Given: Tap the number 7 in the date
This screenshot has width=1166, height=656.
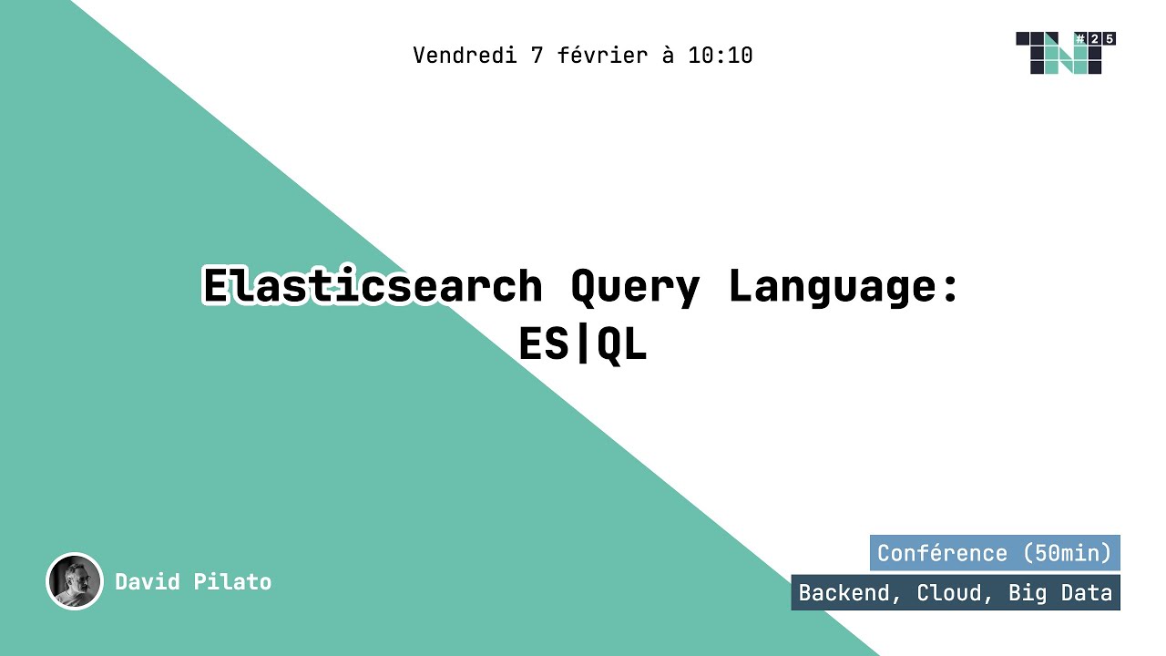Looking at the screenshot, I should coord(537,56).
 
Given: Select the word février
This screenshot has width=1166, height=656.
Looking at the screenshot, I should coord(602,56).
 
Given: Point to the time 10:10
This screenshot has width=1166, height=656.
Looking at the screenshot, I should coord(721,56).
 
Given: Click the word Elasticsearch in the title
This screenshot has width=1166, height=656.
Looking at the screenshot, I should coord(372,287).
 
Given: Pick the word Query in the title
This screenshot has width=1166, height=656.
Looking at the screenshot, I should coord(635,288).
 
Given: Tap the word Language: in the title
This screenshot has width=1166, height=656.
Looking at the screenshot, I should coord(844,287).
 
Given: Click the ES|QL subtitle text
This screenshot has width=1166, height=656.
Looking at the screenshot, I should coord(583,344).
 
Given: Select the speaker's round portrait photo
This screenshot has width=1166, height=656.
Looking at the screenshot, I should coord(74,581).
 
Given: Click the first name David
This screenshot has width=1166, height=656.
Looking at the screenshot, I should coord(148,581).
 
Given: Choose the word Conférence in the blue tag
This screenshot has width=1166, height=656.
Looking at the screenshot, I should coord(942,553).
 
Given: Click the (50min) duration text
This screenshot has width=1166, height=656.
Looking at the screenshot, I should coord(1067,553).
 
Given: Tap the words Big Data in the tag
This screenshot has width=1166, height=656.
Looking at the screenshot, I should coord(1060,593).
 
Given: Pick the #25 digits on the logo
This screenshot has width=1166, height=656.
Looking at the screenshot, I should coord(1094,38).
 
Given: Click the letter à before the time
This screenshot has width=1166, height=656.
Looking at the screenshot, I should coord(668,56).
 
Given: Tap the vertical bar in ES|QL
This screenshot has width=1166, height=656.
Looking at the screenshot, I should coord(583,344).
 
